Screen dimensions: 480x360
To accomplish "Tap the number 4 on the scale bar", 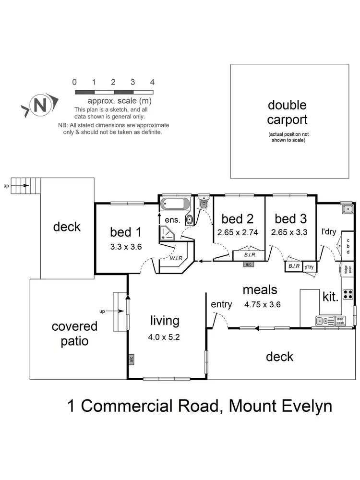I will coord(152,82).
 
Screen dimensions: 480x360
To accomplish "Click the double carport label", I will coord(287,112).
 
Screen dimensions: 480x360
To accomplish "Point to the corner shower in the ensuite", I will coord(168,234).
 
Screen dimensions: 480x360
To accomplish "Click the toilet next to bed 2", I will coord(203,204).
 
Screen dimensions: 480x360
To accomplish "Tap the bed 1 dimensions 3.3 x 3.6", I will coord(125,248).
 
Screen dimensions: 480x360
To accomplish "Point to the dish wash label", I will coord(340,321).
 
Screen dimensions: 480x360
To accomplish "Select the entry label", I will coord(221,304).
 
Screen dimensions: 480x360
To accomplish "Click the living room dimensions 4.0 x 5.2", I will coord(165,337).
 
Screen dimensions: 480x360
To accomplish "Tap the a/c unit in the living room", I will coord(131,358).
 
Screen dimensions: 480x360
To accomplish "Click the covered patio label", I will coord(74,334).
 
